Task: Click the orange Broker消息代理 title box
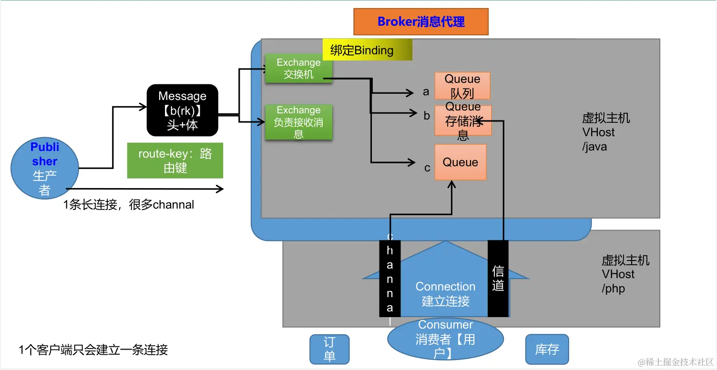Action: [421, 22]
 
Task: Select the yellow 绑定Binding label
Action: [367, 50]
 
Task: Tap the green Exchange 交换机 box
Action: [298, 69]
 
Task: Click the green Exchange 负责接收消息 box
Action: [298, 122]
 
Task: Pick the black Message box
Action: [182, 110]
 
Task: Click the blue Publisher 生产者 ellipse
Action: [45, 169]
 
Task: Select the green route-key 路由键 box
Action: [175, 161]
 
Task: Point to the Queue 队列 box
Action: [462, 86]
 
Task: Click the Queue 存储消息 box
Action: [462, 121]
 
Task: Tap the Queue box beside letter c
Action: [460, 162]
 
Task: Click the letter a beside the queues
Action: [426, 92]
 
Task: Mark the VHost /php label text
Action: [625, 274]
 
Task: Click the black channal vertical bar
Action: [389, 278]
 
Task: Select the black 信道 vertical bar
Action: [498, 278]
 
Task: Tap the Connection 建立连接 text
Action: [445, 294]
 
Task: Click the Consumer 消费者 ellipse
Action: [445, 339]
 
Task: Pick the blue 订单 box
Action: [329, 349]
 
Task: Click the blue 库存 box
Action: [547, 349]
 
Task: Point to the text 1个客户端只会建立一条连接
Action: [93, 350]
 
